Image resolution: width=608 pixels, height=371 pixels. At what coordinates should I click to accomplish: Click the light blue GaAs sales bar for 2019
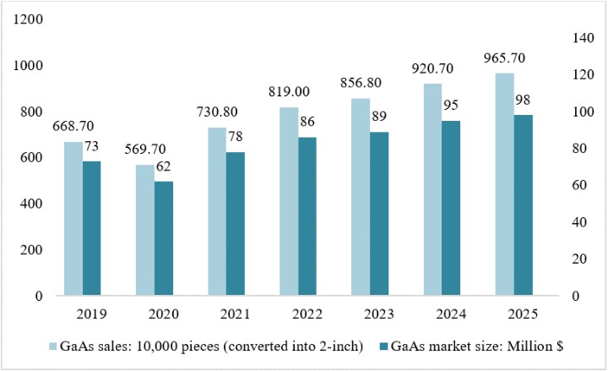73,219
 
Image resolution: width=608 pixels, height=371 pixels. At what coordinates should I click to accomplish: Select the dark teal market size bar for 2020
164,238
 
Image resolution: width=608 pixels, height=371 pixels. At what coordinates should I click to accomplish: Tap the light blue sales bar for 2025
505,184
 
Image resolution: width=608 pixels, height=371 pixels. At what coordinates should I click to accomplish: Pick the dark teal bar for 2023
379,214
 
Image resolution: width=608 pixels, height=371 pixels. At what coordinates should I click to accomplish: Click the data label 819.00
289,91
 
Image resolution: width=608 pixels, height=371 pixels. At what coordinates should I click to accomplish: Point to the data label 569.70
145,149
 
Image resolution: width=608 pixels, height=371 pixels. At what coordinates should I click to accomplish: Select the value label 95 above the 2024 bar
451,105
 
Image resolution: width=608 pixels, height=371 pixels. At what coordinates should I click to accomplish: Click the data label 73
91,146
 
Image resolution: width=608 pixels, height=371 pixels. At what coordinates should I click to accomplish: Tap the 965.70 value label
504,57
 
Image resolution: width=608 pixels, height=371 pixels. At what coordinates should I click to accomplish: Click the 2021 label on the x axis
236,314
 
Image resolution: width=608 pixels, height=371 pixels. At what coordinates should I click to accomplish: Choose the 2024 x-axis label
451,314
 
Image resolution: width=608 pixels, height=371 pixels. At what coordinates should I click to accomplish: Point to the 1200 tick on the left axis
28,19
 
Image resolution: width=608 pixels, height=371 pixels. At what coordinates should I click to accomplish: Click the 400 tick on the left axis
31,204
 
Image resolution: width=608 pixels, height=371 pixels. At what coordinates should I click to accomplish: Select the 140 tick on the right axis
584,38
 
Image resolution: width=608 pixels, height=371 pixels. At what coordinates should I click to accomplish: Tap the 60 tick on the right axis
579,185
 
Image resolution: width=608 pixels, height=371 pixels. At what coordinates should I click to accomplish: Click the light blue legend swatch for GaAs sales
52,346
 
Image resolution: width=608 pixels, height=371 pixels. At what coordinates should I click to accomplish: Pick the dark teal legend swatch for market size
383,346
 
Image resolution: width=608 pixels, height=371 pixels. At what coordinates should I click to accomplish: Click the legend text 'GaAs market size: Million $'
477,346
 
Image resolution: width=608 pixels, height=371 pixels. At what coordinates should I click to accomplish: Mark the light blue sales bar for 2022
290,201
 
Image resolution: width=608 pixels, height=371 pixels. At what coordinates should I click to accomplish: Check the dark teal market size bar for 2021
236,224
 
